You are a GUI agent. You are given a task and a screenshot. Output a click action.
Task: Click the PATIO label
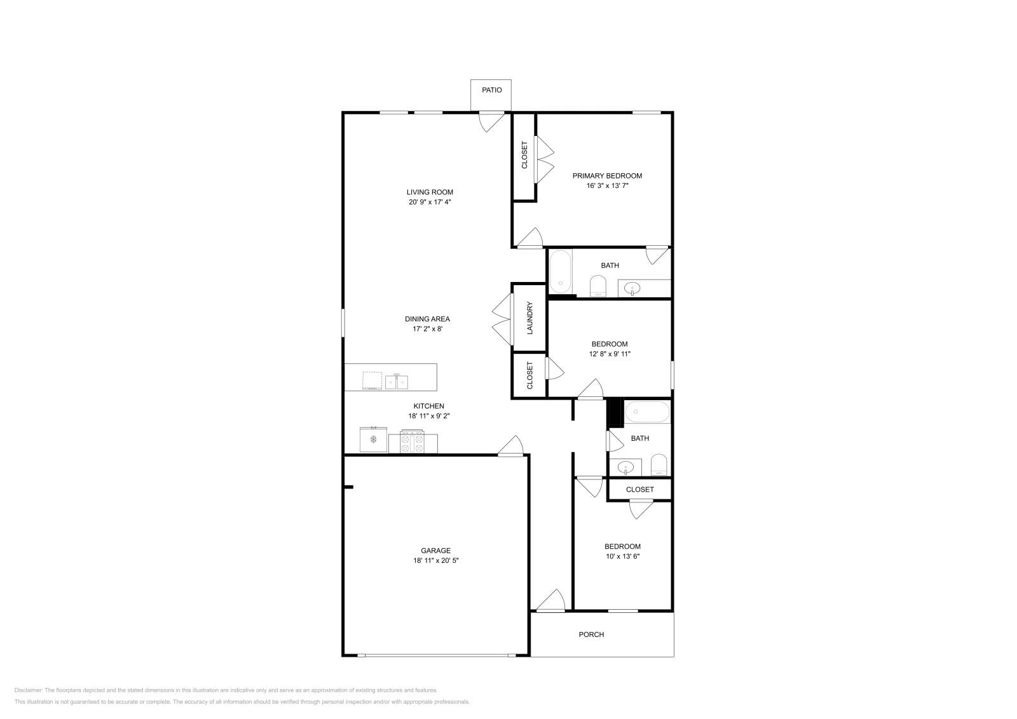click(x=491, y=90)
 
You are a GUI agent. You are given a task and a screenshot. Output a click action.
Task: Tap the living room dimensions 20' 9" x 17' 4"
click(x=430, y=202)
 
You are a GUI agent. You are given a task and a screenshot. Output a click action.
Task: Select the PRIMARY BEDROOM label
click(x=607, y=176)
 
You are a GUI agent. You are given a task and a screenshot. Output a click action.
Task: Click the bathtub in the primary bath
click(x=560, y=271)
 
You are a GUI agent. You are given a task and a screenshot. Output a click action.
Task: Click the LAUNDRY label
click(x=529, y=318)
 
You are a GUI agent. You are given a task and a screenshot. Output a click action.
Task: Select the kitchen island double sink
click(x=397, y=381)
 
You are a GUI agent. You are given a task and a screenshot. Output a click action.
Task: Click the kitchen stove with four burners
click(x=412, y=442)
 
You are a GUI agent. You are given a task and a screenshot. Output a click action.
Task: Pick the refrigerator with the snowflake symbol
click(x=374, y=440)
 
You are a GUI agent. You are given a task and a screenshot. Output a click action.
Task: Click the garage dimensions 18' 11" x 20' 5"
click(x=435, y=561)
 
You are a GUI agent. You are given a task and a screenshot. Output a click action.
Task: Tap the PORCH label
click(x=591, y=635)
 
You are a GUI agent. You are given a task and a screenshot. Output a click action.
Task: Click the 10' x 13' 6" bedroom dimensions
click(x=622, y=556)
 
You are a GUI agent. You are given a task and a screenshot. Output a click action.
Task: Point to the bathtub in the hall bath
click(x=647, y=413)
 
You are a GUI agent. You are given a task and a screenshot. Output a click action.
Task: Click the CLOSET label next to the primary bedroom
click(x=524, y=155)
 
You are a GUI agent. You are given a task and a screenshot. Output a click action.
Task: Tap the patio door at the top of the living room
click(x=491, y=121)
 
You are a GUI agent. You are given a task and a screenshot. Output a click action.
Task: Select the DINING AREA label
click(x=427, y=319)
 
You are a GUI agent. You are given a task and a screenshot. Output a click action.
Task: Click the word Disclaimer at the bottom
click(x=28, y=690)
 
